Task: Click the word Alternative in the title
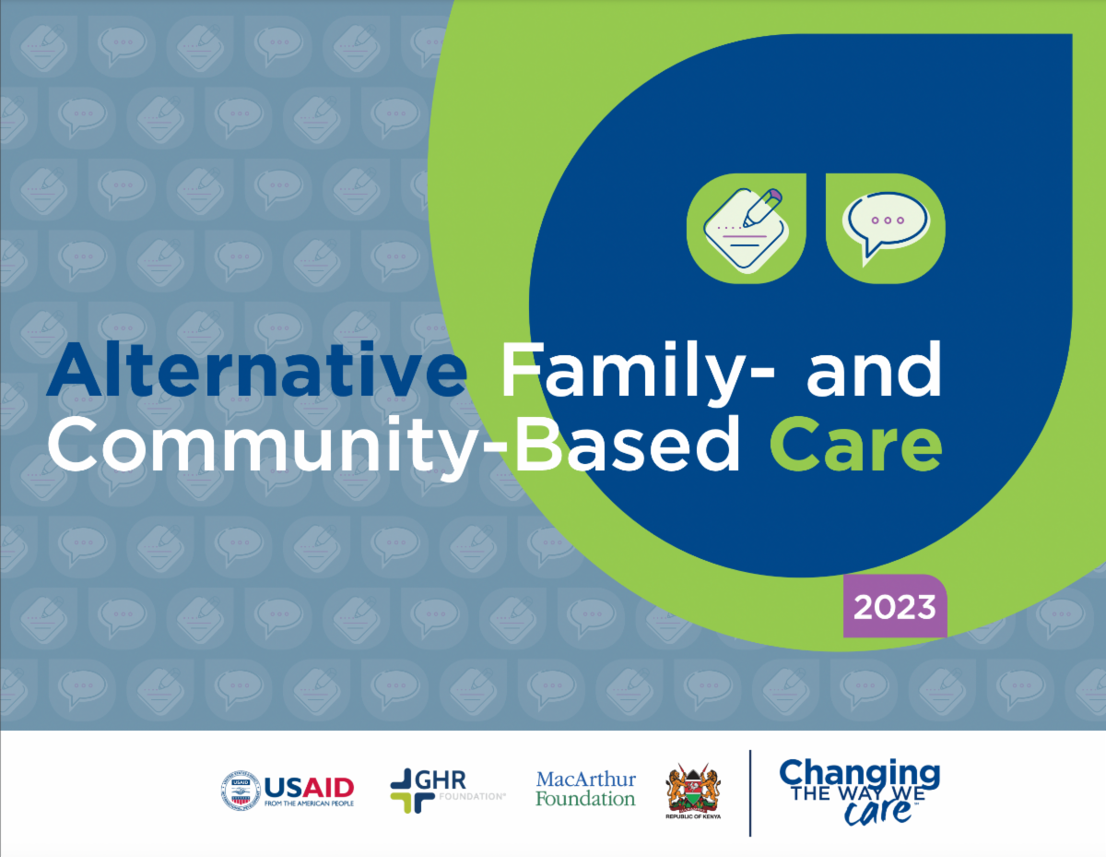256,370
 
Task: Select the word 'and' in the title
874,370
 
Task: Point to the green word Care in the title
855,445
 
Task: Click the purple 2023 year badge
895,606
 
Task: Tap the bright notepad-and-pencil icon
747,228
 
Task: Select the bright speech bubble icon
886,228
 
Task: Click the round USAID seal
241,791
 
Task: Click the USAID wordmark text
309,788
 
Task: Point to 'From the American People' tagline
309,803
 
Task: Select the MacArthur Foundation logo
586,789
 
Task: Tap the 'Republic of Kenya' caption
693,816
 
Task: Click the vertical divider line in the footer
750,792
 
